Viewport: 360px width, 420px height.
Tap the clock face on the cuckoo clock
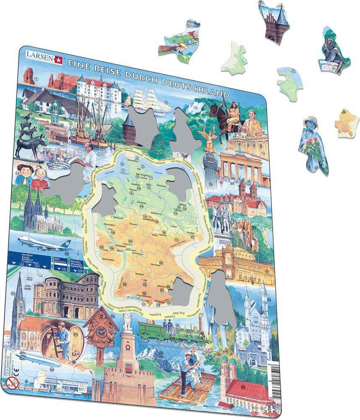point(101,331)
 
